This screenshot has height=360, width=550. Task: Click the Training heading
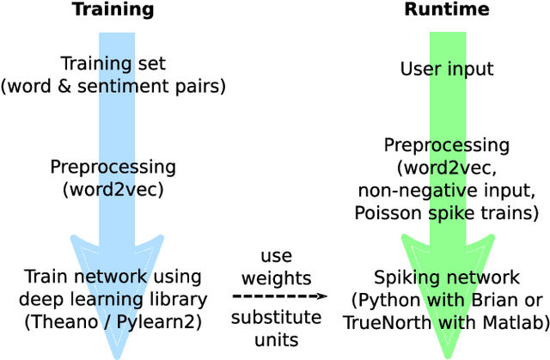point(113,10)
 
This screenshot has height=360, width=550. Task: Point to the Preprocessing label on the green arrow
point(446,145)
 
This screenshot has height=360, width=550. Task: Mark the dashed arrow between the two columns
point(278,296)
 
